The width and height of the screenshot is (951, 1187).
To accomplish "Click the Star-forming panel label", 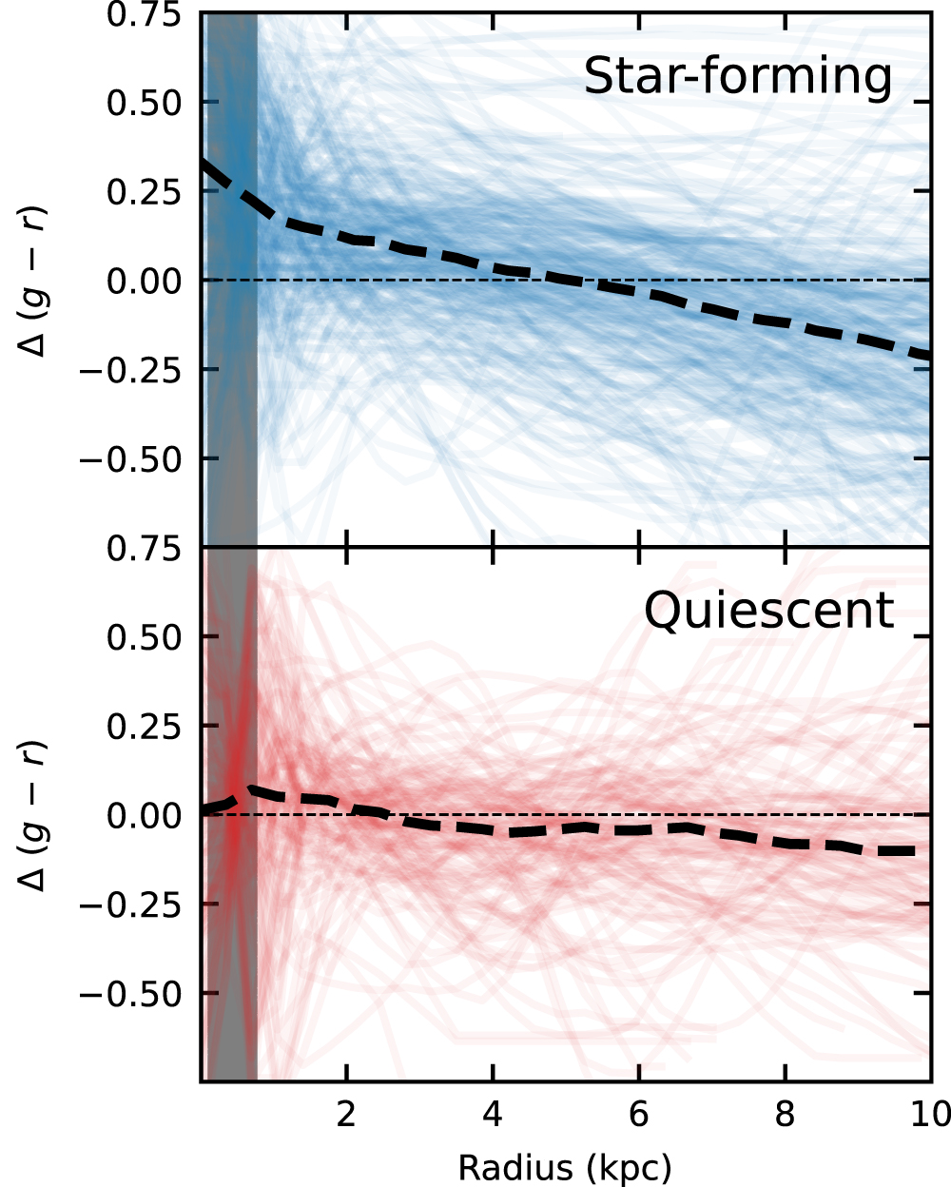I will click(738, 76).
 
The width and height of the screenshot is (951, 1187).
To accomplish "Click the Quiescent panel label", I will click(769, 611).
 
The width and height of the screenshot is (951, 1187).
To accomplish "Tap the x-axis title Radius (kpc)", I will click(565, 1167).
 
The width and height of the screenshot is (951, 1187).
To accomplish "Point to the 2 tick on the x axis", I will click(346, 1114).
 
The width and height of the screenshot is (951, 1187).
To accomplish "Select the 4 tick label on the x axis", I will click(493, 1114).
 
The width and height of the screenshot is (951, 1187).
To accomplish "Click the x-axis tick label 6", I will click(638, 1114).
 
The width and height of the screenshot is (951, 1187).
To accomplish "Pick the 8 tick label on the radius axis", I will click(785, 1114).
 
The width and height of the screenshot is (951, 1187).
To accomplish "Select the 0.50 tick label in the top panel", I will click(144, 103).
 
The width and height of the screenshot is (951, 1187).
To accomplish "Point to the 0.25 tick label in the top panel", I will click(144, 191).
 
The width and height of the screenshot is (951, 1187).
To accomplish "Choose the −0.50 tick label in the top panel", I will click(130, 458).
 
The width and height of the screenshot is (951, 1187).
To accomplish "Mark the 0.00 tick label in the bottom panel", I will click(144, 815).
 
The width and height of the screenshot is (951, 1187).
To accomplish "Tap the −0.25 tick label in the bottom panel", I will click(130, 904).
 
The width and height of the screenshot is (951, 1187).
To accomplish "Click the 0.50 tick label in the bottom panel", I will click(144, 637).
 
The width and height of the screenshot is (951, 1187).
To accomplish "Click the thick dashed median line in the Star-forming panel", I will click(571, 279).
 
